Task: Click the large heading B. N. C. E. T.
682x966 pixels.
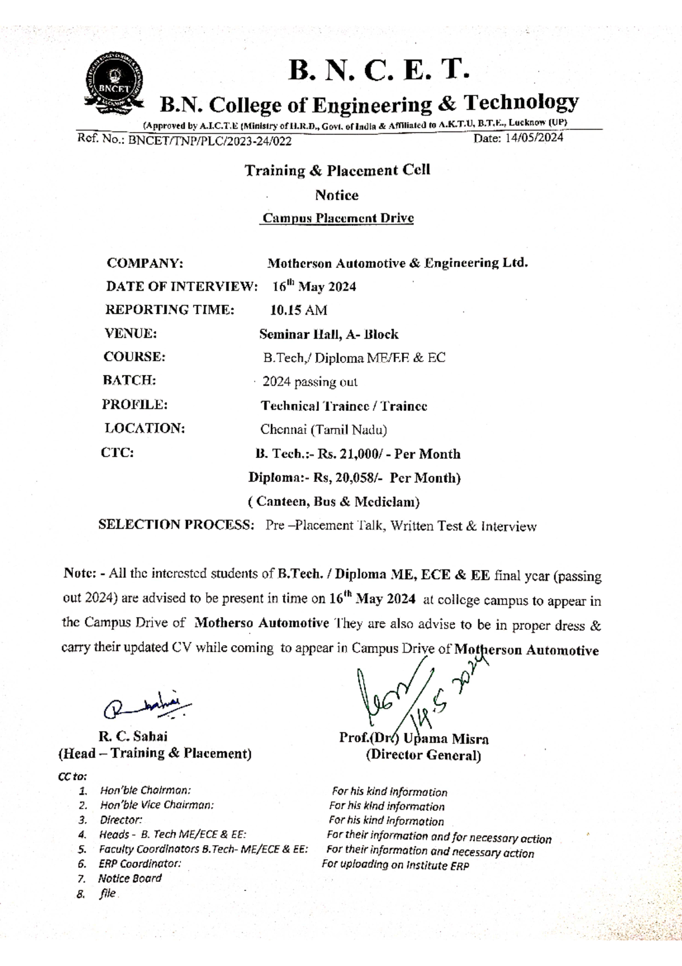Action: click(x=379, y=71)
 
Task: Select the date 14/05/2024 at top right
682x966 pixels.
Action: click(x=533, y=138)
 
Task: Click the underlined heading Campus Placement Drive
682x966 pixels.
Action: click(x=338, y=218)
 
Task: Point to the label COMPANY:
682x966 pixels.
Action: click(x=145, y=263)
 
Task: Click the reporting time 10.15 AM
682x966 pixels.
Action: click(x=298, y=311)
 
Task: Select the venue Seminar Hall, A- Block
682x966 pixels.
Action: click(x=328, y=335)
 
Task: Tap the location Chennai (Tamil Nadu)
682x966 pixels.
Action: click(x=323, y=430)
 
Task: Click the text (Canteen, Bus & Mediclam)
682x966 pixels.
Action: click(x=334, y=502)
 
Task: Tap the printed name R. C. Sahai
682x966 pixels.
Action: click(x=133, y=736)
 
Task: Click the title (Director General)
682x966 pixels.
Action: click(x=423, y=756)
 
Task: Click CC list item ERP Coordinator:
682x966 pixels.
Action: click(x=140, y=864)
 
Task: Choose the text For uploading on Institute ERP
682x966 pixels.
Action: click(x=395, y=865)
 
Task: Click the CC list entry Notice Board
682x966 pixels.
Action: click(x=130, y=878)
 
